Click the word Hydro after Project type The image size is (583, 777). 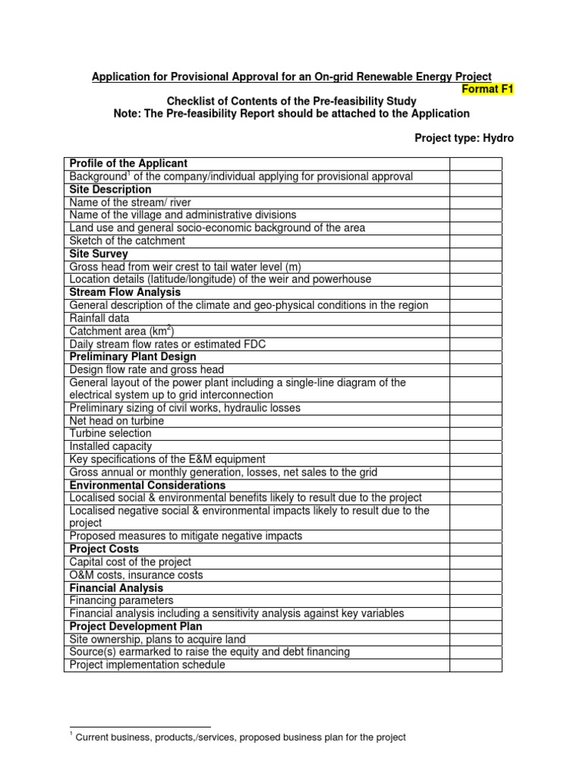tap(499, 138)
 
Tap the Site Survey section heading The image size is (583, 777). tap(99, 253)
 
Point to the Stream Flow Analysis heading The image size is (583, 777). tap(125, 292)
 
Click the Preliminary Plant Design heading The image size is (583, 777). tap(133, 357)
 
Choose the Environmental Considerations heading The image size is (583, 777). tap(147, 485)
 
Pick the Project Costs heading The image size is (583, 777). tap(102, 549)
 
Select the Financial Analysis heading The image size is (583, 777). tap(116, 587)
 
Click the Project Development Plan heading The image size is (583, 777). tap(136, 626)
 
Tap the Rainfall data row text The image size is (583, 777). tap(99, 318)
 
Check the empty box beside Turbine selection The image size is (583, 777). tap(475, 433)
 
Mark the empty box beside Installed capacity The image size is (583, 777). tap(475, 446)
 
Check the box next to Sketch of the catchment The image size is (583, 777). tap(475, 241)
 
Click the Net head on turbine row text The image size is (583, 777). tap(116, 420)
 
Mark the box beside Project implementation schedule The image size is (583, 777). tap(475, 665)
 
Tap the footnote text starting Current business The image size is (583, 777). tap(241, 737)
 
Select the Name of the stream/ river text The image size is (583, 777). tap(130, 202)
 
